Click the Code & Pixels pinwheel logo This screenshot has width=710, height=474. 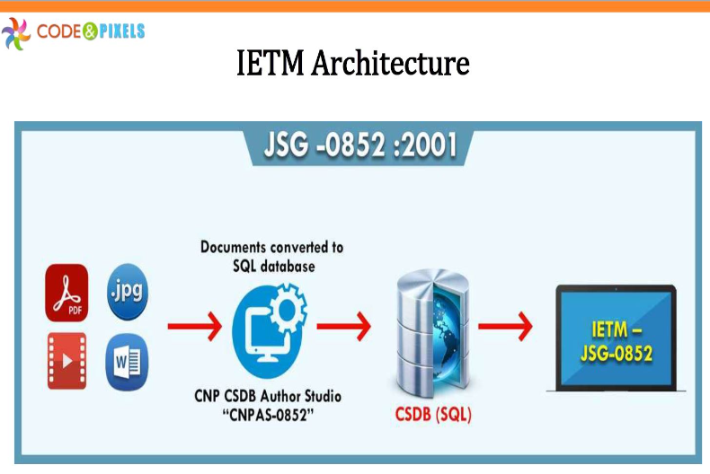point(16,33)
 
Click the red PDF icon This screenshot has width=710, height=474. point(67,292)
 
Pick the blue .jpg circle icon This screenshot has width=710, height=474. point(127,290)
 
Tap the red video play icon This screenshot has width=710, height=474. point(67,360)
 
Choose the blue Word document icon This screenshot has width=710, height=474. point(127,362)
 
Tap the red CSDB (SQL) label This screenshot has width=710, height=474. point(434,416)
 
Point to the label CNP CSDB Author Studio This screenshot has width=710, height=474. point(268,396)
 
